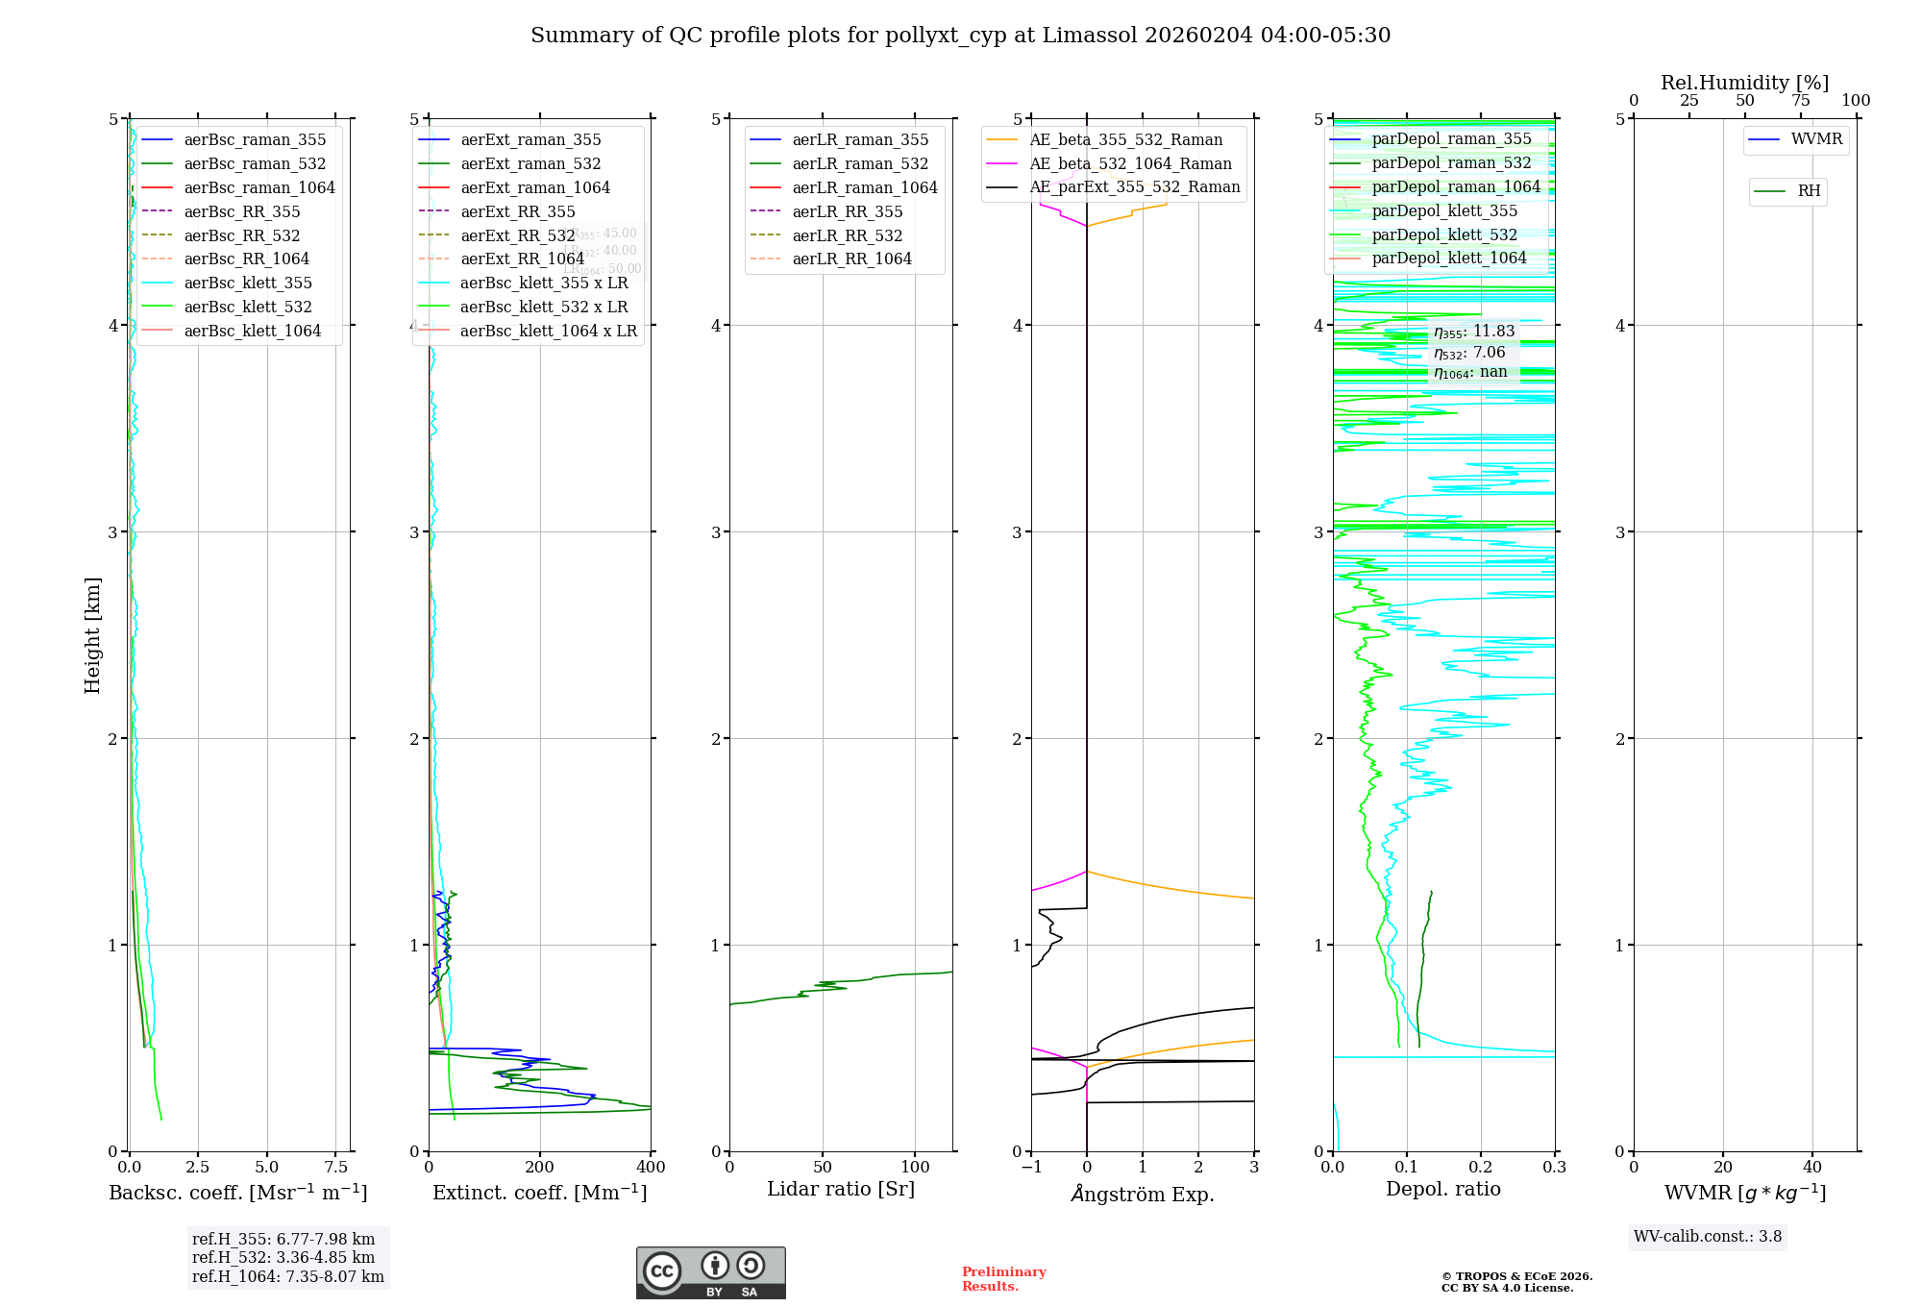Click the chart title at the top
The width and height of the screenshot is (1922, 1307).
(x=960, y=36)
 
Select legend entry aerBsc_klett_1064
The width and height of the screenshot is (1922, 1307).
(x=252, y=331)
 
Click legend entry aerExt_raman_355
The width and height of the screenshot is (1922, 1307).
(x=530, y=140)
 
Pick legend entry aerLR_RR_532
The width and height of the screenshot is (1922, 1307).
(x=847, y=235)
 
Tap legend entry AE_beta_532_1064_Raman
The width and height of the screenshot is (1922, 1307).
(x=1130, y=163)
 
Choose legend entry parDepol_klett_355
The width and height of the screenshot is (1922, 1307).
(x=1444, y=210)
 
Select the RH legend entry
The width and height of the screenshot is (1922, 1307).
(x=1809, y=191)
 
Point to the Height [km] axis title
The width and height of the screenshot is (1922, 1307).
(x=92, y=634)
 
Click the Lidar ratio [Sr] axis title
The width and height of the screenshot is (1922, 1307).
(x=841, y=1189)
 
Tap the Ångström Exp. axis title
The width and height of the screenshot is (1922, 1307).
(x=1142, y=1194)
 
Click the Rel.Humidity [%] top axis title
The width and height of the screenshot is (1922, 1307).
(x=1744, y=83)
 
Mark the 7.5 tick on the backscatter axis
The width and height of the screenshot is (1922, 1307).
(x=335, y=1167)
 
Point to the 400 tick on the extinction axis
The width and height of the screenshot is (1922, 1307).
(x=651, y=1167)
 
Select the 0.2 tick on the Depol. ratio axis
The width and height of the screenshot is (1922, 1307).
(x=1481, y=1167)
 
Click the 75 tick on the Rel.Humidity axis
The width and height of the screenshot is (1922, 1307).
(x=1800, y=101)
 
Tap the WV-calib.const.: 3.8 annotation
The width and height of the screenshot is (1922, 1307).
(x=1708, y=1236)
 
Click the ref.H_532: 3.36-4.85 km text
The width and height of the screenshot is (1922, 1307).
(x=283, y=1257)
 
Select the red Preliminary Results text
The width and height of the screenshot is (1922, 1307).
(x=1003, y=1278)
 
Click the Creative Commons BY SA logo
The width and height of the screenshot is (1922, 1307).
(x=710, y=1272)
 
